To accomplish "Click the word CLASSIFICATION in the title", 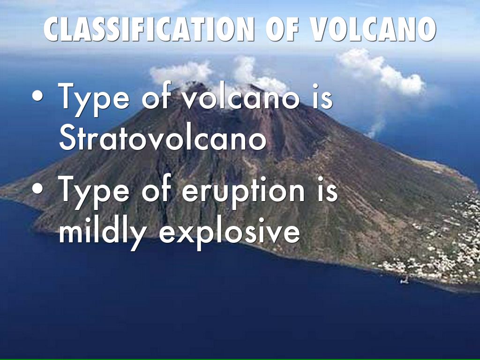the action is coord(149,29).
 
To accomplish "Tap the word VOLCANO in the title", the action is coord(373,29).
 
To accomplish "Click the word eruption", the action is coord(243,192).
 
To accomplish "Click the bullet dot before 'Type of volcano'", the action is coord(37,96).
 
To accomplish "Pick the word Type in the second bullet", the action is coord(94,192).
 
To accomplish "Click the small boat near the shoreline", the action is coord(405,280).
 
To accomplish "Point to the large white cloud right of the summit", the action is coord(382,71).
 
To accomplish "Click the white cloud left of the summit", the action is coord(181,73).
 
